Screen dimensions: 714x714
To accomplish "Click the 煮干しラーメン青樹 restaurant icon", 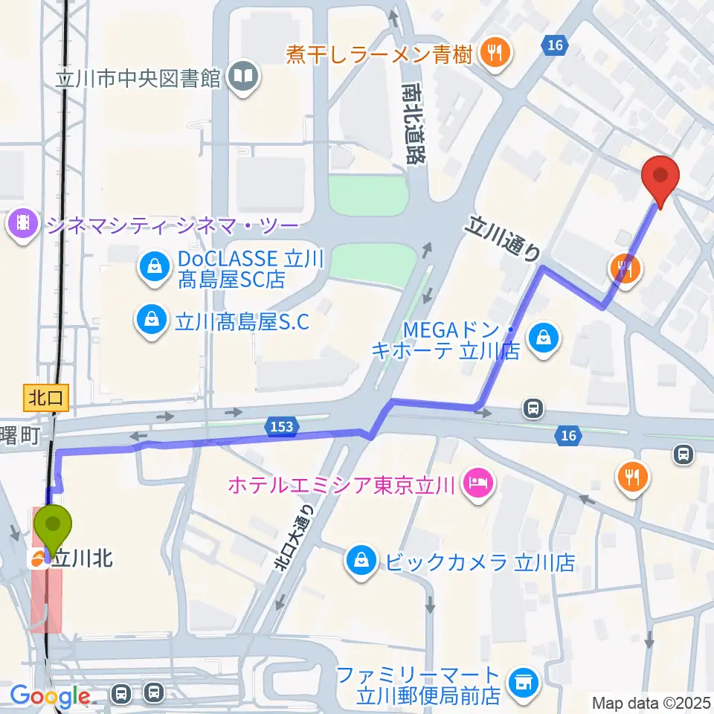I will click(492, 53).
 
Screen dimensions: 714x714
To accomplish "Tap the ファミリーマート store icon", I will click(521, 681).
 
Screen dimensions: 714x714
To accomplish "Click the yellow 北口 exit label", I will click(46, 398).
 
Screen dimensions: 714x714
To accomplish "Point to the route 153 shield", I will click(282, 426).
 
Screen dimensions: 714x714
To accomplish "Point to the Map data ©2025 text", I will click(651, 702).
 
